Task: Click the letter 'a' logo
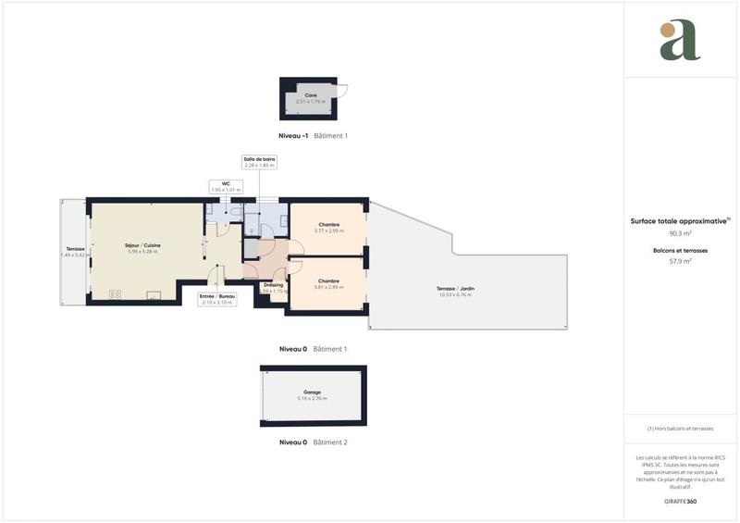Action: [680, 41]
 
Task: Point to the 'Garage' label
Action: [312, 394]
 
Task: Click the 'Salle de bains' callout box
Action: [260, 162]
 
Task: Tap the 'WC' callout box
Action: [225, 186]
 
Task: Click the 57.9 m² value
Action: [681, 261]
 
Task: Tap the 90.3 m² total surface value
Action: [681, 233]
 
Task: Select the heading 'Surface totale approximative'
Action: [680, 221]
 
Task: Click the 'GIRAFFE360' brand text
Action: [681, 500]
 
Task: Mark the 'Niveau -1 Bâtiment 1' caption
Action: [313, 135]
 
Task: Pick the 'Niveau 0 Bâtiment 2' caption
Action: [313, 442]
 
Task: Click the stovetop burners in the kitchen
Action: [116, 295]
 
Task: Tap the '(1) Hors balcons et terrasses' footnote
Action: [681, 429]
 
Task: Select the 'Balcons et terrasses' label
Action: [681, 250]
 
